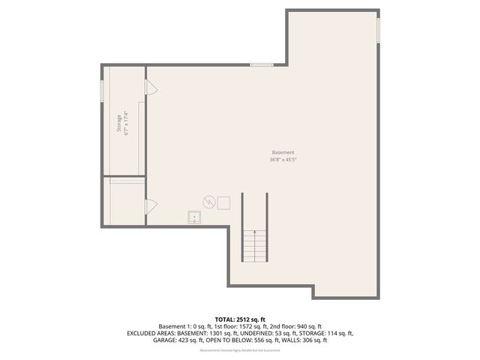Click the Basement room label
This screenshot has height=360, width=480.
pyautogui.click(x=283, y=152)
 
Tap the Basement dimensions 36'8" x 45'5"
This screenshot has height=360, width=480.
pyautogui.click(x=283, y=159)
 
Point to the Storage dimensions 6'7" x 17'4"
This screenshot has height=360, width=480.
pyautogui.click(x=127, y=124)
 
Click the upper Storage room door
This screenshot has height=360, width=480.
pyautogui.click(x=151, y=88)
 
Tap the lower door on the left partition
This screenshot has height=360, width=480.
pyautogui.click(x=151, y=205)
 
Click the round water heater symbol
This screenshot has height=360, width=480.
pyautogui.click(x=209, y=202)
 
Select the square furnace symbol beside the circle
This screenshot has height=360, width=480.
pyautogui.click(x=223, y=202)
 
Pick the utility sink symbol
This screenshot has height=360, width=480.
pyautogui.click(x=194, y=217)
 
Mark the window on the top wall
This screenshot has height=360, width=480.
pyautogui.click(x=261, y=65)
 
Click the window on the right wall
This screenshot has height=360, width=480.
pyautogui.click(x=379, y=29)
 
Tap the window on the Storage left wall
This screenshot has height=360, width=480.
pyautogui.click(x=102, y=89)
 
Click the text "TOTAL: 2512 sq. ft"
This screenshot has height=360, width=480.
pyautogui.click(x=240, y=319)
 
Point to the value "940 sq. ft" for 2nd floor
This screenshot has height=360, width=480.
pyautogui.click(x=307, y=326)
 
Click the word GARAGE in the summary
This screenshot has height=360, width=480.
pyautogui.click(x=166, y=340)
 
